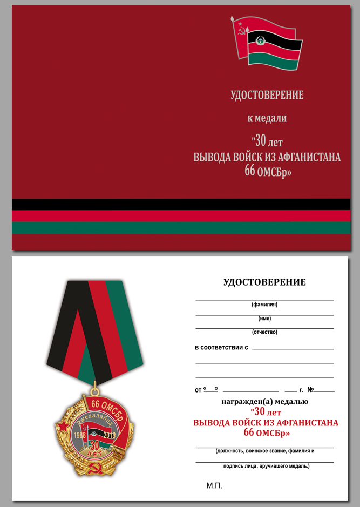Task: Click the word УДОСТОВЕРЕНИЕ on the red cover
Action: (x=267, y=96)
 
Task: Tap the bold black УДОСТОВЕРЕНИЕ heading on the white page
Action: (x=264, y=282)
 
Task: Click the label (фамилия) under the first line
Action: (x=264, y=305)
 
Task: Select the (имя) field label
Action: (x=264, y=319)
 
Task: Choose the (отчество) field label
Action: (x=264, y=332)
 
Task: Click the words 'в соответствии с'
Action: (x=221, y=347)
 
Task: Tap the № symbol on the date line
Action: (x=310, y=389)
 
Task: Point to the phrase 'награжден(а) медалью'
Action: (x=264, y=401)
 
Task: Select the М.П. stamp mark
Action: (x=214, y=486)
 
